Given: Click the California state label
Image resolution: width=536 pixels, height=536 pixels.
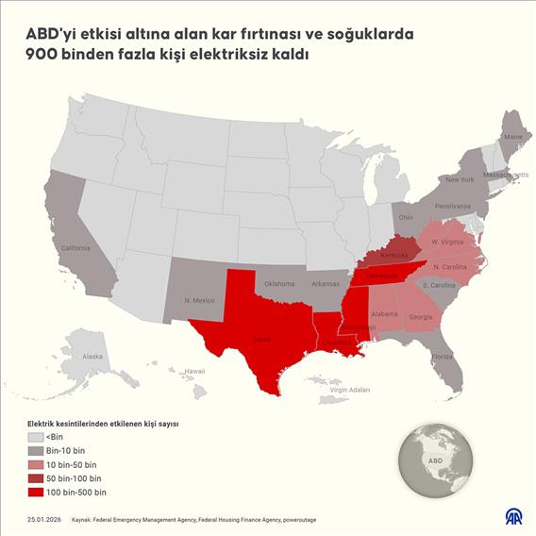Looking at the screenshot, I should click(75, 248).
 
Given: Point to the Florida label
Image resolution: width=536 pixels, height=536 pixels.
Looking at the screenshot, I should click(443, 357).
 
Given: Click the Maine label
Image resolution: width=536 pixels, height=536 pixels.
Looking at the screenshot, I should click(513, 138).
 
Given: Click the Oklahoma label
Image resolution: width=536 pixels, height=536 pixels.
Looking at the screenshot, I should click(279, 283).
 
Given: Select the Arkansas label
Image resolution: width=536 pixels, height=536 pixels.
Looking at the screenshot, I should click(327, 283).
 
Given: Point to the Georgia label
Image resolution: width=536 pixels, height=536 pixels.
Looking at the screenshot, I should click(424, 317).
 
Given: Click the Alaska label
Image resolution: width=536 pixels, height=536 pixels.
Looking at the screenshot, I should click(92, 357).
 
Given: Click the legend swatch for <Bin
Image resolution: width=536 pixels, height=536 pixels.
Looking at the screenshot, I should click(36, 438).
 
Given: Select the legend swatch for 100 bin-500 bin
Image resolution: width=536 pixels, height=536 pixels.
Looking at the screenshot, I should click(36, 493).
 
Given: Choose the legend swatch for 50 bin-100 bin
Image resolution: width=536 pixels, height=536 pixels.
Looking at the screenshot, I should click(36, 479).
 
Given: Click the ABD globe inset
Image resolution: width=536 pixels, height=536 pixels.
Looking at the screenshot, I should click(435, 461).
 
